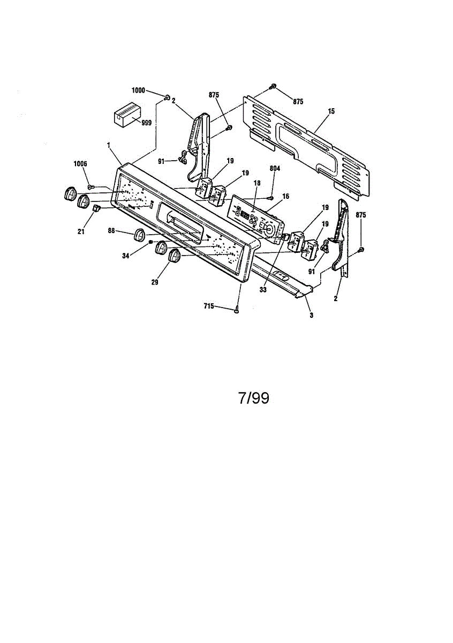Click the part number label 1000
(138, 91)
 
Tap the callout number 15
(331, 111)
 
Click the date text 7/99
(253, 398)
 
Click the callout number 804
(275, 168)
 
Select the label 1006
(80, 163)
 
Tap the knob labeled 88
(140, 234)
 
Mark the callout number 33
(262, 290)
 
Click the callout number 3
(311, 315)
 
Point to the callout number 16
(285, 197)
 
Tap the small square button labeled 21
(96, 208)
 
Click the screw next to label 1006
(90, 185)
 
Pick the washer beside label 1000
(167, 98)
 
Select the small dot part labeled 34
(152, 242)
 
